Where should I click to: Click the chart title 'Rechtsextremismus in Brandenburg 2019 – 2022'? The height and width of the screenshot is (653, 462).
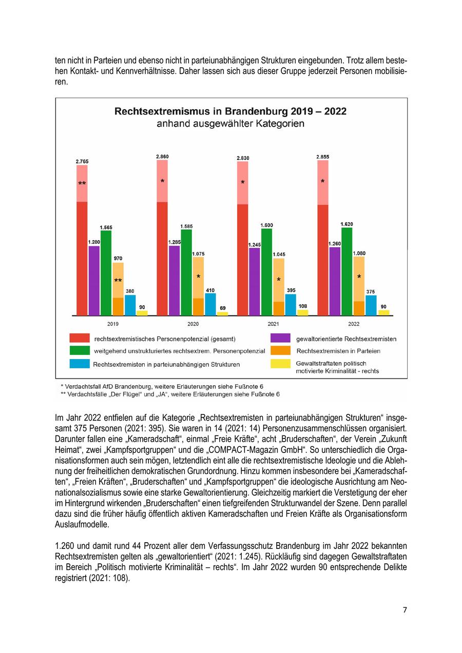230,111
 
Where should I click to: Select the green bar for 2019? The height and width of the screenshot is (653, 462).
106,273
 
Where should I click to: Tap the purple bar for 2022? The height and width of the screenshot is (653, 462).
335,281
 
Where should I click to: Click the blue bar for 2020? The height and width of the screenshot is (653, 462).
210,304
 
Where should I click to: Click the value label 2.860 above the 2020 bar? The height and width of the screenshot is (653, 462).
162,156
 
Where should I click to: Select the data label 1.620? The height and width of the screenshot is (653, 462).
346,224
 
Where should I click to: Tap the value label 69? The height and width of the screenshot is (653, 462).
222,308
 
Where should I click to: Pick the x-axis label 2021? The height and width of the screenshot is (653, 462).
273,324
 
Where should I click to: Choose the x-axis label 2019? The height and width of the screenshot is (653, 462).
113,324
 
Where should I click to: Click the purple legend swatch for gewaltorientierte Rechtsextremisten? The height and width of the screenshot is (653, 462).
280,339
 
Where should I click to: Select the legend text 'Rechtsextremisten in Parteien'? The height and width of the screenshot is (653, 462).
338,351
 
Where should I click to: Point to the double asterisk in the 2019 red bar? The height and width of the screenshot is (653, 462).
82,184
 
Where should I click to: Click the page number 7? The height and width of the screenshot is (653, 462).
405,610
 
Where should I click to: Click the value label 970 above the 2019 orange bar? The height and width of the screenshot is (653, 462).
118,258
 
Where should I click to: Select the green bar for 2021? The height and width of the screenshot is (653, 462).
266,272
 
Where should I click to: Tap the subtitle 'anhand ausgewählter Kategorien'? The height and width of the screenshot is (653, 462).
230,124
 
